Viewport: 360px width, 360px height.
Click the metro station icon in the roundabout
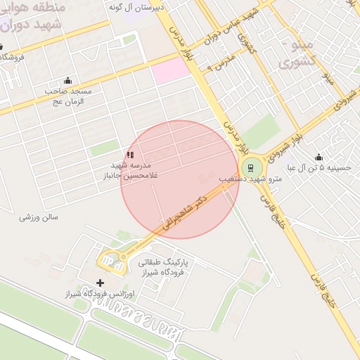250,167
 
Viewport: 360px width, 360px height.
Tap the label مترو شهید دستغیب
250,180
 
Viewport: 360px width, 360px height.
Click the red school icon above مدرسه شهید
129,154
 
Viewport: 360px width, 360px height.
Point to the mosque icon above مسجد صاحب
67,80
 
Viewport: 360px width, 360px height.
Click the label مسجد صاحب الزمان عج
65,96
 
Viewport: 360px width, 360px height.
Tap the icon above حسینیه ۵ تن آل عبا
319,157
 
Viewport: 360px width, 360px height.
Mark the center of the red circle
180,179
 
